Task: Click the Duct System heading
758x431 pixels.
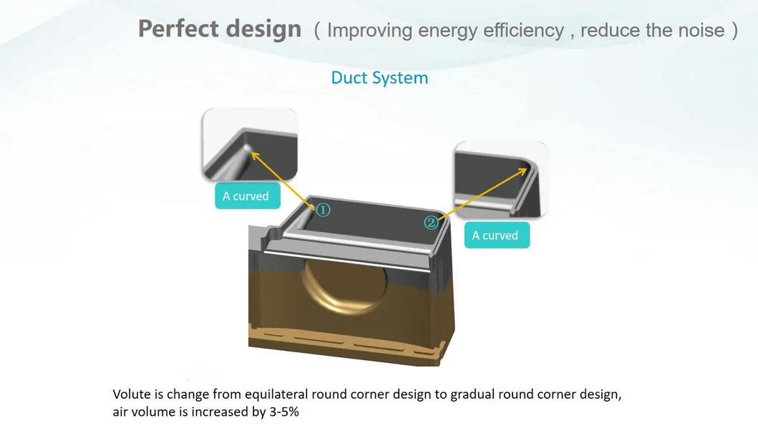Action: pyautogui.click(x=379, y=78)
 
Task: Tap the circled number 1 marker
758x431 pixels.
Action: pyautogui.click(x=323, y=210)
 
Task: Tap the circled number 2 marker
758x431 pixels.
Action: pyautogui.click(x=431, y=223)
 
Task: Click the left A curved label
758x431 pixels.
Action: pyautogui.click(x=246, y=196)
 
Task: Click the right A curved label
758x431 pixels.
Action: pyautogui.click(x=495, y=236)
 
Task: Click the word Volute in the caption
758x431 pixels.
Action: pyautogui.click(x=130, y=394)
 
